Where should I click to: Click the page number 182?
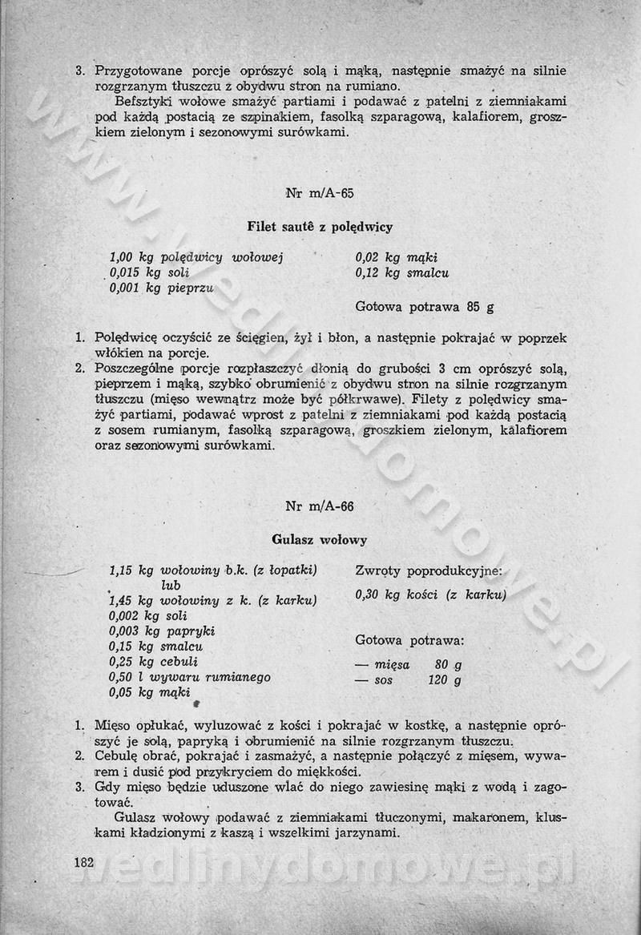pos(83,863)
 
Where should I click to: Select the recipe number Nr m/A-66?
pos(320,506)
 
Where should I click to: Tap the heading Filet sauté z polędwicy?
pos(320,227)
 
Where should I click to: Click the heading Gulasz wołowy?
pos(320,539)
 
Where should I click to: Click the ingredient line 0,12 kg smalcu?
pos(401,272)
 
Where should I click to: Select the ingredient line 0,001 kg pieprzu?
pos(161,288)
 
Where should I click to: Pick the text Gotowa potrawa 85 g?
pos(424,306)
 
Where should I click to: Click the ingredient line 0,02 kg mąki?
pos(396,257)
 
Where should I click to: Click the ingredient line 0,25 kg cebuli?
pos(153,662)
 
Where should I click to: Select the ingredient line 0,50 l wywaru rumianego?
pos(189,677)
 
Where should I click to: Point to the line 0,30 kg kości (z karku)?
pos(429,594)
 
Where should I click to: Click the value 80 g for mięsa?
pos(448,665)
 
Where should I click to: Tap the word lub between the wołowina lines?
pos(170,585)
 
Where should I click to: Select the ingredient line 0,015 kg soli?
pos(143,272)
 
